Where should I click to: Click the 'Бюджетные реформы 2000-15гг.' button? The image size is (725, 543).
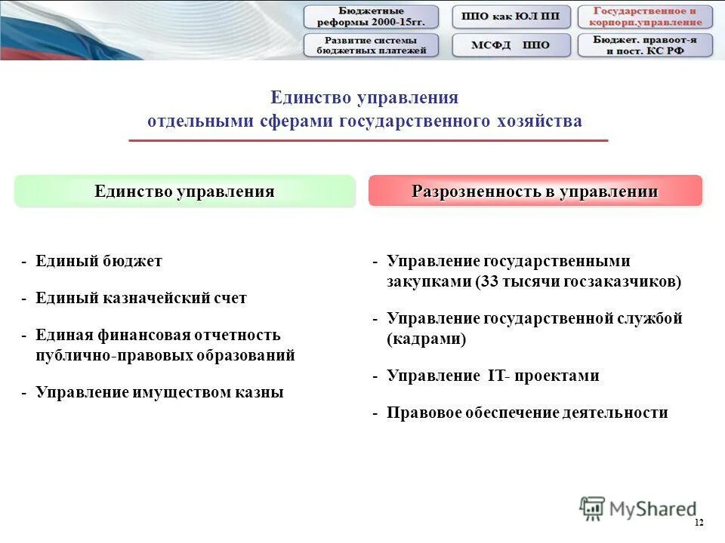tap(371, 17)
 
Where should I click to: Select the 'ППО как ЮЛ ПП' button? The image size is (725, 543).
tap(512, 17)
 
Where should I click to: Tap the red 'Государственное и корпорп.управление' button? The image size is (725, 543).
tap(645, 17)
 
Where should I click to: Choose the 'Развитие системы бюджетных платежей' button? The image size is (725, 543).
tap(371, 45)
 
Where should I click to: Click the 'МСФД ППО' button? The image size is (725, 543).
tap(512, 45)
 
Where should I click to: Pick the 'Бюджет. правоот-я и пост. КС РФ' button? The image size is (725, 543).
tap(645, 45)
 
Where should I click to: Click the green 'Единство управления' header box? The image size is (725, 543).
tap(184, 192)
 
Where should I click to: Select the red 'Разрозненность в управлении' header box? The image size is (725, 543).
tap(535, 192)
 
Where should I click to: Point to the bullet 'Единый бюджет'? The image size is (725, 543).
tap(98, 262)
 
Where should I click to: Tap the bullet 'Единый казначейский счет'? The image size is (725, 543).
tap(140, 299)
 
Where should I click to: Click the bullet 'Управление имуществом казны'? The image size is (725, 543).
tap(159, 393)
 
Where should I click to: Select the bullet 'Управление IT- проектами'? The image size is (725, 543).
tap(492, 376)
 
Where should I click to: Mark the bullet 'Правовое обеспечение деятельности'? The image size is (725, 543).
tap(527, 413)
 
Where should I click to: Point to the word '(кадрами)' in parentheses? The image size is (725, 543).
tap(427, 339)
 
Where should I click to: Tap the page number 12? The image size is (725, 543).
tap(698, 523)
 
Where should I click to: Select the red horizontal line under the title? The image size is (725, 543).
tap(368, 141)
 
